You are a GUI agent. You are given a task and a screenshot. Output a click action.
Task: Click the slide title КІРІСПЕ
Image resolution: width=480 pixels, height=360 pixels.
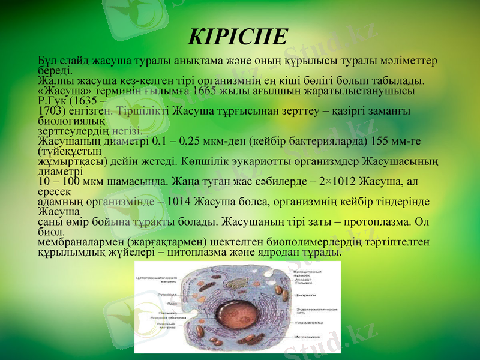tap(238, 36)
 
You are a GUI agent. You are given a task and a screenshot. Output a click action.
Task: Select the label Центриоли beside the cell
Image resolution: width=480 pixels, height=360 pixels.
tap(305, 295)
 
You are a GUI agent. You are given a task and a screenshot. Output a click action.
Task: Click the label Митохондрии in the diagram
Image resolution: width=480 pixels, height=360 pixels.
tap(308, 337)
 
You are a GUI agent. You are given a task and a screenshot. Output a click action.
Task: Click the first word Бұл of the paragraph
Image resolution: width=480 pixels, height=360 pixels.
tap(46, 61)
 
